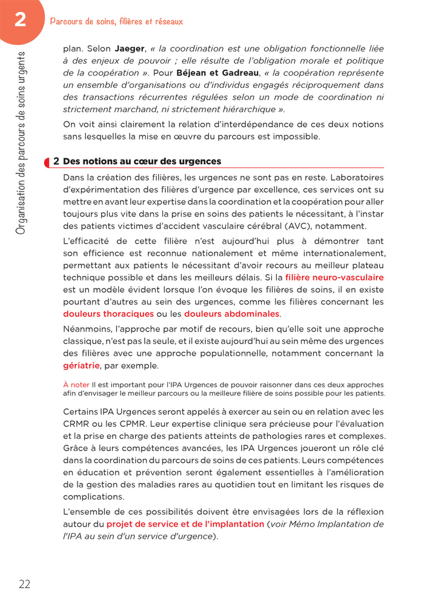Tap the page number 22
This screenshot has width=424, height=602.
(24, 584)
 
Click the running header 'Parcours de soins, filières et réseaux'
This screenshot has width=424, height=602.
(116, 21)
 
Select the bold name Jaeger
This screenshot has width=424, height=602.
(130, 48)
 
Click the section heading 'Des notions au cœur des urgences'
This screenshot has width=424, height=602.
(142, 161)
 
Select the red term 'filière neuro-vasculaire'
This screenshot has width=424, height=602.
(334, 278)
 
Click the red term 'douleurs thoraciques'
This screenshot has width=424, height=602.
(108, 314)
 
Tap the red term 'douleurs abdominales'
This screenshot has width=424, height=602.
(232, 314)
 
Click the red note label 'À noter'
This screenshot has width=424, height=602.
(76, 384)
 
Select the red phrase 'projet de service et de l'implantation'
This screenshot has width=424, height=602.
(185, 524)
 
